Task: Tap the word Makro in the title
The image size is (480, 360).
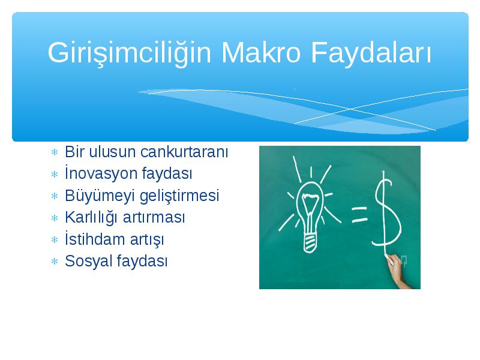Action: tap(261, 52)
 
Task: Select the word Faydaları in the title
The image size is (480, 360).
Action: tap(371, 53)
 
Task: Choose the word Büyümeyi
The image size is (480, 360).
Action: tap(100, 196)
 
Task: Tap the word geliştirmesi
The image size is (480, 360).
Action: tap(179, 196)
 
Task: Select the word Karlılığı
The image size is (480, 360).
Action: tap(91, 218)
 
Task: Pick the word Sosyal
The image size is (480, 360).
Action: tap(88, 262)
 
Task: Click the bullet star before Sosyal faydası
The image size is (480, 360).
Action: tap(55, 262)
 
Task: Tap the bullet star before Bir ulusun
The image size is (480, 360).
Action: tap(55, 152)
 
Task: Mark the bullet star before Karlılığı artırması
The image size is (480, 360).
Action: tap(55, 218)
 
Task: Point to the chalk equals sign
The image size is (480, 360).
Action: tap(359, 214)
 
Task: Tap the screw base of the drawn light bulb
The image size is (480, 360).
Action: tap(310, 244)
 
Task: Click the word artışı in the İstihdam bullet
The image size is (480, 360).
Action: tap(147, 239)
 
